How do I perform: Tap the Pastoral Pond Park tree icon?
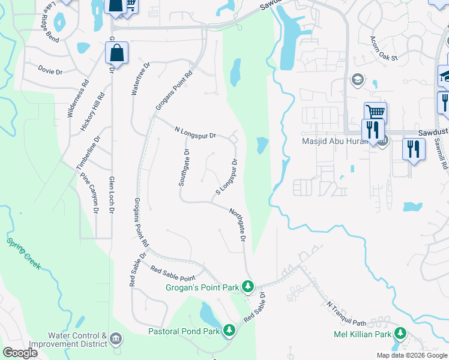229,330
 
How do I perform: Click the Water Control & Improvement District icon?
116,340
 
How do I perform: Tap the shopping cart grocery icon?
375,112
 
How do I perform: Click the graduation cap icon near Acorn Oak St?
358,79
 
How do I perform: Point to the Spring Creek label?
23,253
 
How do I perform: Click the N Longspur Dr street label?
195,133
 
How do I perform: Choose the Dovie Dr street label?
50,70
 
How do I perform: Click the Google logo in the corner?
20,353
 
